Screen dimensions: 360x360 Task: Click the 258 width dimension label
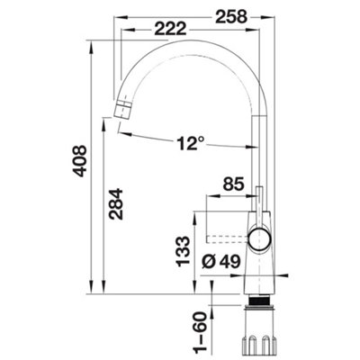tap(231, 17)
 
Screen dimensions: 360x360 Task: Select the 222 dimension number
tap(170, 30)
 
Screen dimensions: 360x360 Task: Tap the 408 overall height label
tap(80, 161)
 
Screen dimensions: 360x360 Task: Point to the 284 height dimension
tap(116, 204)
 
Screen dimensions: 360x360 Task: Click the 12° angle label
tap(190, 143)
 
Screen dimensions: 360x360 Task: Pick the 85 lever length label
tap(233, 184)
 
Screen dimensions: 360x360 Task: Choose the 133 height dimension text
tap(183, 252)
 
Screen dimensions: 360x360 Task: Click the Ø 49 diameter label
tap(221, 262)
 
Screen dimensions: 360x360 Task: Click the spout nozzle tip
tap(122, 110)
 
